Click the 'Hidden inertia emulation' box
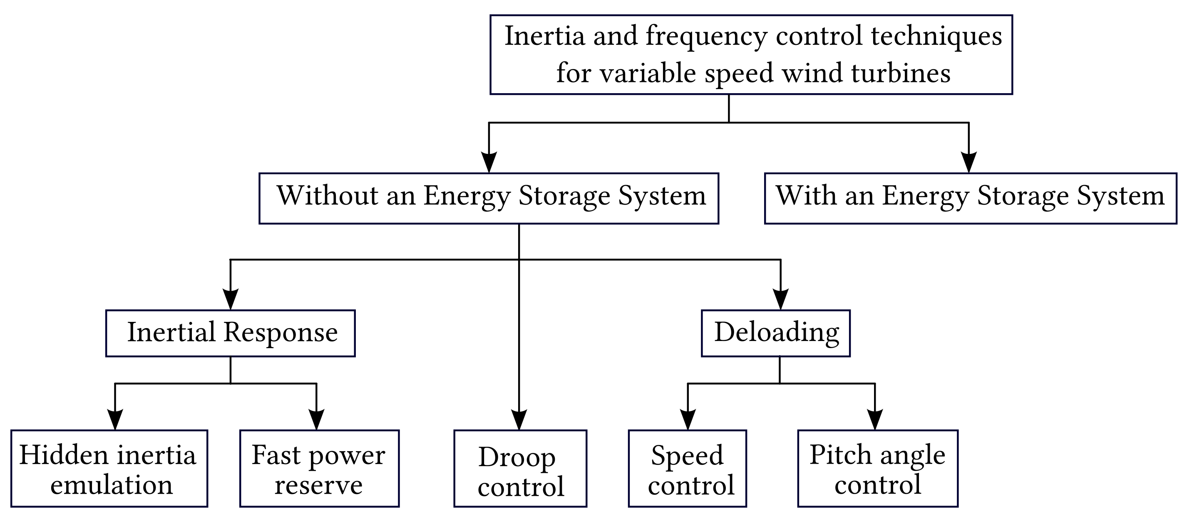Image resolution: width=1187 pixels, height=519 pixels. pyautogui.click(x=109, y=468)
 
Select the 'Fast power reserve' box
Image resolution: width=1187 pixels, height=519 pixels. pyautogui.click(x=319, y=468)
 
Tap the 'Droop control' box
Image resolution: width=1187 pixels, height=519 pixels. pyautogui.click(x=520, y=468)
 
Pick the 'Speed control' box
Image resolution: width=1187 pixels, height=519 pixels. pyautogui.click(x=687, y=468)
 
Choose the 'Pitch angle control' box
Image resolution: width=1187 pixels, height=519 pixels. pyautogui.click(x=878, y=468)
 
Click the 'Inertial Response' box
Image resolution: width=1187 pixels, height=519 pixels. pyautogui.click(x=231, y=333)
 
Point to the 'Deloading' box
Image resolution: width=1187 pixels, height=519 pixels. pyautogui.click(x=775, y=333)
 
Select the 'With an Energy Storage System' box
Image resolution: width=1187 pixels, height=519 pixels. pyautogui.click(x=971, y=198)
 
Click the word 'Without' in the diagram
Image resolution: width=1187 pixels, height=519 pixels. pyautogui.click(x=327, y=195)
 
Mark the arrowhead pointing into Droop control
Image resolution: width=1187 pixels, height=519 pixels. pyautogui.click(x=519, y=420)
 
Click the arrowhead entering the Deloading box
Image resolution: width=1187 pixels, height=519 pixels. pyautogui.click(x=780, y=299)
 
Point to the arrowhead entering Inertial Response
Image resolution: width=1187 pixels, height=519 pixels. pyautogui.click(x=231, y=299)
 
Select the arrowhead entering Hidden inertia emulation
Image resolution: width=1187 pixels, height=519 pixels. pyautogui.click(x=115, y=420)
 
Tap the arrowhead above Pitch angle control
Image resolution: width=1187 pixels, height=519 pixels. pyautogui.click(x=874, y=420)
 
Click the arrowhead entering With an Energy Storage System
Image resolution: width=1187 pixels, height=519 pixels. pyautogui.click(x=968, y=162)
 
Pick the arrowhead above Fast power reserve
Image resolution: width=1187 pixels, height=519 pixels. pyautogui.click(x=317, y=420)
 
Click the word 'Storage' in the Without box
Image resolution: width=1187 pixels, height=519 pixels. pyautogui.click(x=564, y=196)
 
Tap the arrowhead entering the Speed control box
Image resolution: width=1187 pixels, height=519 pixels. pyautogui.click(x=688, y=420)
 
